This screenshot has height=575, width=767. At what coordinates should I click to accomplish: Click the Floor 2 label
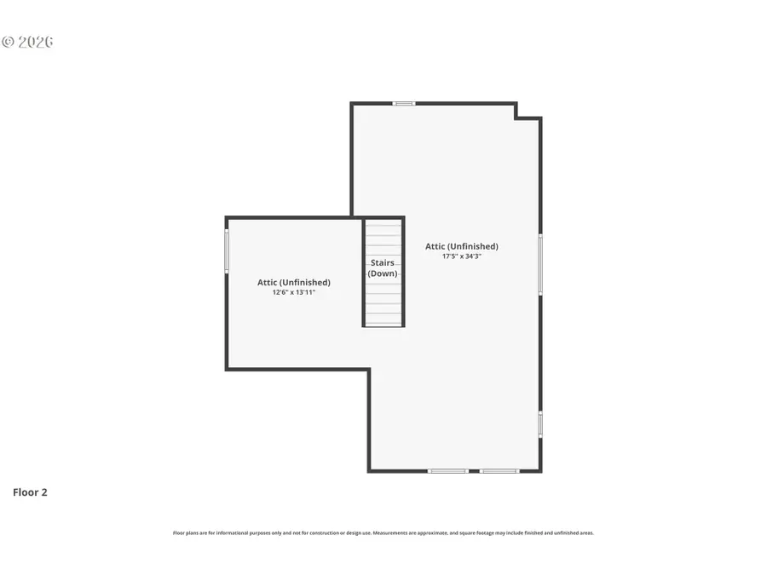[30, 492]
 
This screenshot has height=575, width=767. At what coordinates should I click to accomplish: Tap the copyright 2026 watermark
[27, 42]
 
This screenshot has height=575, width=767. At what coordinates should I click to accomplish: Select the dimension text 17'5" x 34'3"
[462, 256]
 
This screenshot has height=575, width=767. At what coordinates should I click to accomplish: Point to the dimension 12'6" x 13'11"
[294, 292]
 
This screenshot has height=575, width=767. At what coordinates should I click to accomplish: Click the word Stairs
[382, 262]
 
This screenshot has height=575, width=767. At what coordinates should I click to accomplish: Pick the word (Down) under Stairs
[382, 273]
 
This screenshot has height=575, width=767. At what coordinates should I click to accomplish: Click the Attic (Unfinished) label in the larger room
[462, 246]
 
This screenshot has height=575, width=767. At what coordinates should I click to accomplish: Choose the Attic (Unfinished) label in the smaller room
[294, 282]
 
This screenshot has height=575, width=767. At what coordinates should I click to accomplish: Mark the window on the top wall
[404, 104]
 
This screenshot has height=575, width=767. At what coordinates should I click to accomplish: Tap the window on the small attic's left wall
[227, 251]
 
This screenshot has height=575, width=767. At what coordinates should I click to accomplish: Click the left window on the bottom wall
[447, 470]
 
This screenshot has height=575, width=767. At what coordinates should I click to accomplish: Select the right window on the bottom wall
[499, 470]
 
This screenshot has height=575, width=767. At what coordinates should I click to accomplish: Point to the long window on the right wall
[539, 264]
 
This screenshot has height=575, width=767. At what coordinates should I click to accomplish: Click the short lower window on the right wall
[539, 423]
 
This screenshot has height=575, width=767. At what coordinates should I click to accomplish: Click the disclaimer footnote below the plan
[383, 533]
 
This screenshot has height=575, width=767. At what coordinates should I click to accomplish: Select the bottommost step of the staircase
[383, 319]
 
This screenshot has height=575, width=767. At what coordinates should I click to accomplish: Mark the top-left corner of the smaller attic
[228, 219]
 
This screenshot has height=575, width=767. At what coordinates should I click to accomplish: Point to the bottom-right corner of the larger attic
[539, 469]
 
